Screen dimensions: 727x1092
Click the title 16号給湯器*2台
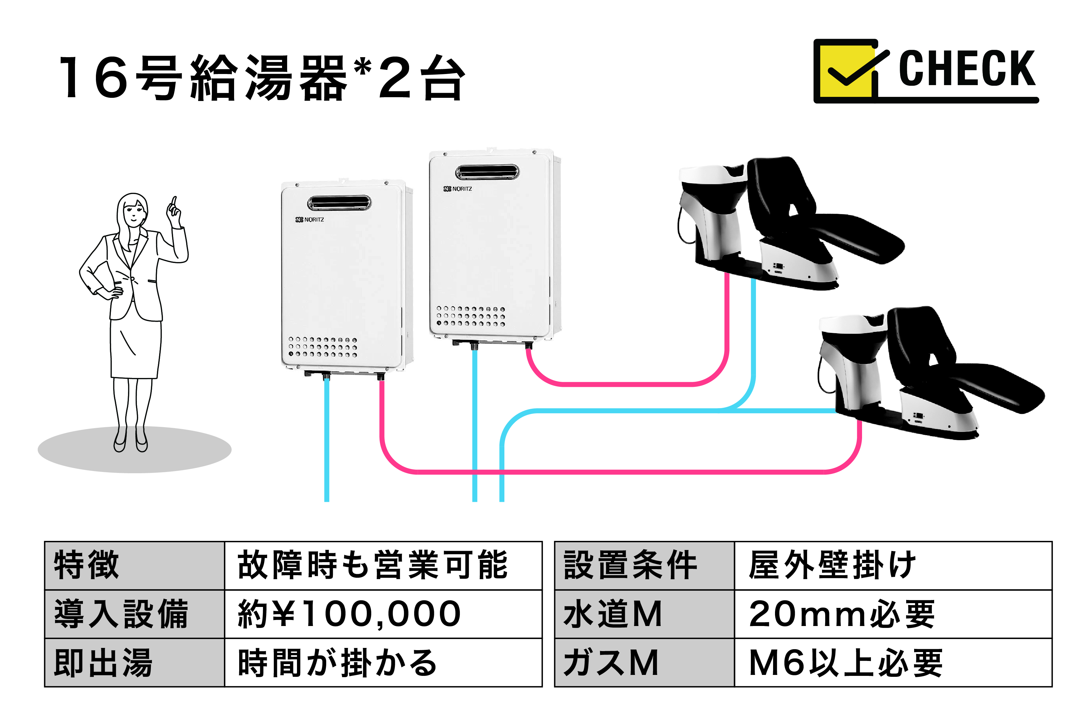click(262, 77)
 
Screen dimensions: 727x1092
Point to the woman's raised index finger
click(175, 202)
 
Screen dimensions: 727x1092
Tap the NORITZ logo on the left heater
click(310, 219)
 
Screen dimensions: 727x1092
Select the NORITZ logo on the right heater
click(458, 189)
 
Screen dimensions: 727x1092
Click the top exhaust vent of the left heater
click(339, 203)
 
